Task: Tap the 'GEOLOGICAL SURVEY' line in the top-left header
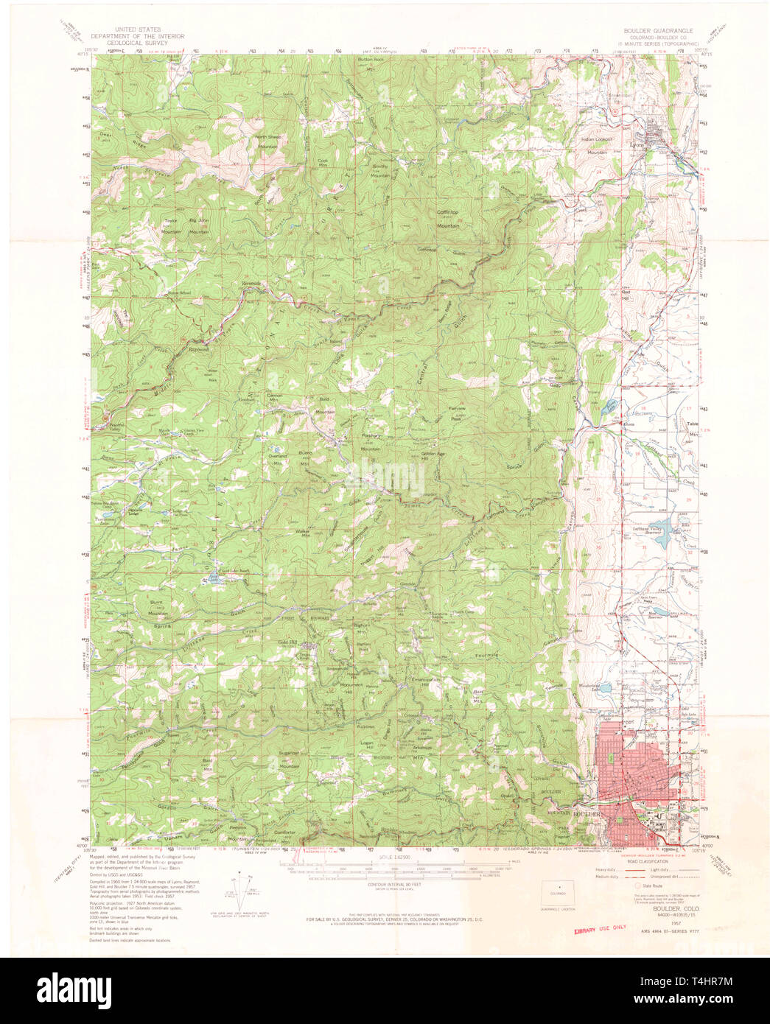pyautogui.click(x=137, y=43)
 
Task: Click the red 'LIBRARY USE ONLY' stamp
pyautogui.click(x=598, y=929)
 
